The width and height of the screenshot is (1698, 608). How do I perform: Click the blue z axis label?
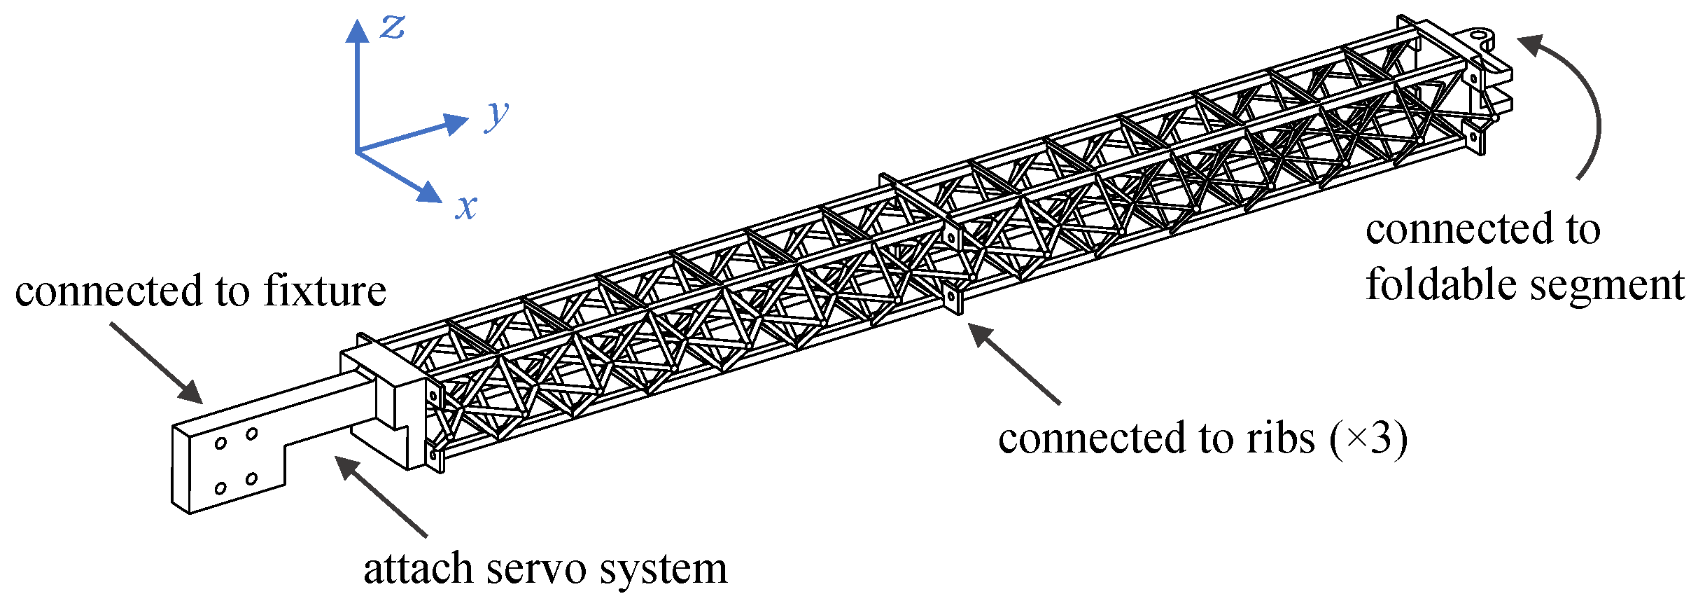[x=393, y=28]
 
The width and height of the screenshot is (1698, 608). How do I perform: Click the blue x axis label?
[x=466, y=206]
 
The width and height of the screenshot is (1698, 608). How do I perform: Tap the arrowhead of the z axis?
[x=357, y=31]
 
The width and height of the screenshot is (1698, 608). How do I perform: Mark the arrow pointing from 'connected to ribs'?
[x=1014, y=364]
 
